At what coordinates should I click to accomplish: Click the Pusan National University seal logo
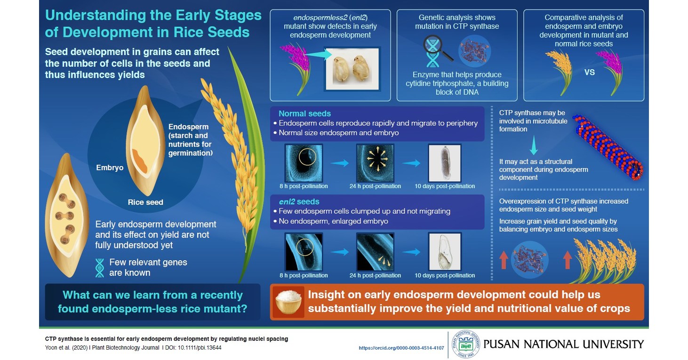[x=463, y=344]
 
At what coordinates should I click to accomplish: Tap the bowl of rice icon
[x=288, y=302]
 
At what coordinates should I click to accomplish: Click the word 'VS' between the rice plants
[x=589, y=72]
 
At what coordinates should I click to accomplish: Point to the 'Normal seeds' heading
[x=304, y=113]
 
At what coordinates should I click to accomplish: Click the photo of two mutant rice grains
[x=352, y=69]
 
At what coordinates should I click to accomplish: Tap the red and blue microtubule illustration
[x=609, y=145]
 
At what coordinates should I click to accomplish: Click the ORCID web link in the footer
[x=401, y=348]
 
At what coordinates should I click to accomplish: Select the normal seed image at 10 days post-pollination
[x=444, y=163]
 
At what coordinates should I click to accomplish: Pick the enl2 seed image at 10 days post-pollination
[x=444, y=251]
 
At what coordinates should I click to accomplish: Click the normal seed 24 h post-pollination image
[x=375, y=163]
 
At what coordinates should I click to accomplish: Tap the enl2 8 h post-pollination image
[x=304, y=251]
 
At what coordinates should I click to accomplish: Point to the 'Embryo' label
[x=110, y=168]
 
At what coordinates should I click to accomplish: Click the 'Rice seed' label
[x=145, y=202]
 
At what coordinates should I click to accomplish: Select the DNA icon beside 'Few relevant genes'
[x=100, y=268]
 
